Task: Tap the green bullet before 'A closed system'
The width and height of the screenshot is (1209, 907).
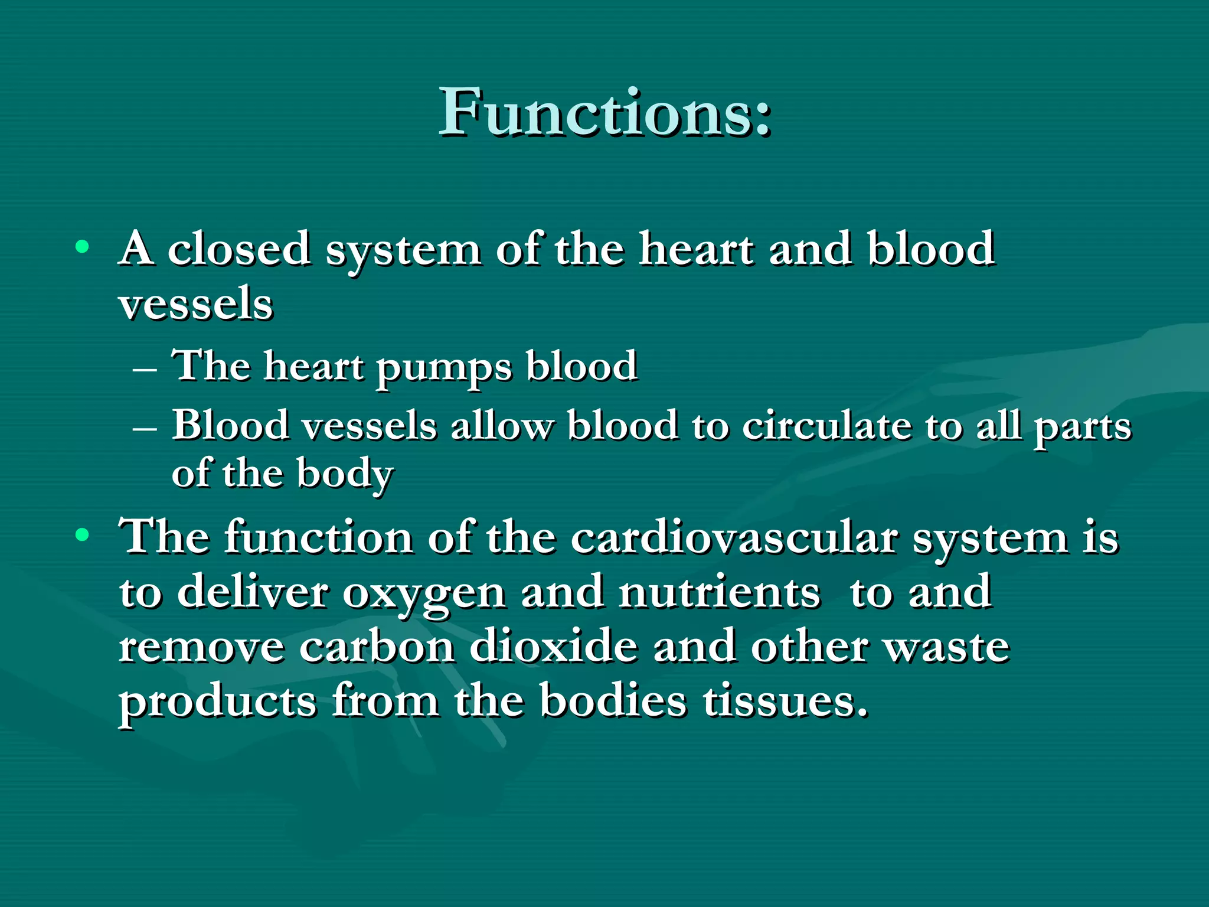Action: [83, 247]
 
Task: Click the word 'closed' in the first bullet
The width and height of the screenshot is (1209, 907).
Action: [239, 249]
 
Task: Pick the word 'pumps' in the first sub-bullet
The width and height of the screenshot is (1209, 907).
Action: [444, 367]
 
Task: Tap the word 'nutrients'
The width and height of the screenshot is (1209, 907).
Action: [719, 593]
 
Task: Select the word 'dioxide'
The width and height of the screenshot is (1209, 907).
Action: [554, 647]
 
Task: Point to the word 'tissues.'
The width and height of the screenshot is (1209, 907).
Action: [786, 702]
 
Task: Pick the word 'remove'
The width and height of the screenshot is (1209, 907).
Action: [201, 648]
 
